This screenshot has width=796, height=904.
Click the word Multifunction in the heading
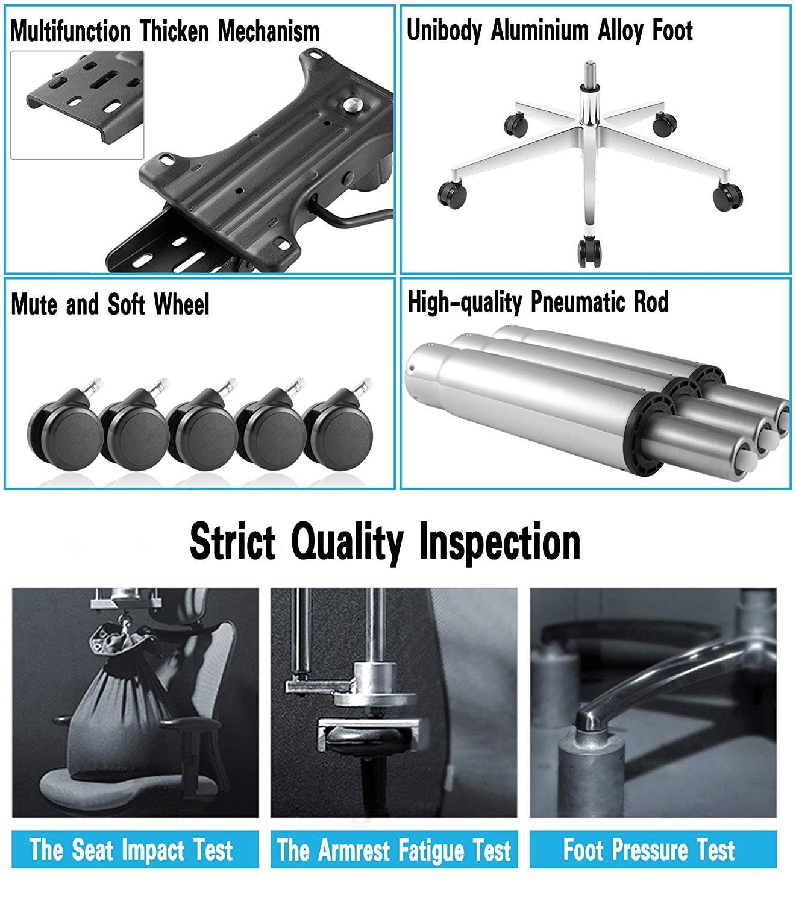click(x=71, y=31)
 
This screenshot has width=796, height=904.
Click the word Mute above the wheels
click(x=34, y=304)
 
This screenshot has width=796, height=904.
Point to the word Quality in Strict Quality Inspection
click(x=348, y=543)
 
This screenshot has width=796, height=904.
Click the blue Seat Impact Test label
click(x=135, y=850)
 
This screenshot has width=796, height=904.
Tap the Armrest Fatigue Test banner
click(x=394, y=850)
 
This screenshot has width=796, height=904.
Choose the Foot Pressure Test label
click(x=653, y=850)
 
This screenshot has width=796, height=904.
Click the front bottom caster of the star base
click(x=589, y=252)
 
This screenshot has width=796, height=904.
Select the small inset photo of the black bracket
click(x=77, y=105)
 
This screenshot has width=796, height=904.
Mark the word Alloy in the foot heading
click(x=622, y=30)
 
